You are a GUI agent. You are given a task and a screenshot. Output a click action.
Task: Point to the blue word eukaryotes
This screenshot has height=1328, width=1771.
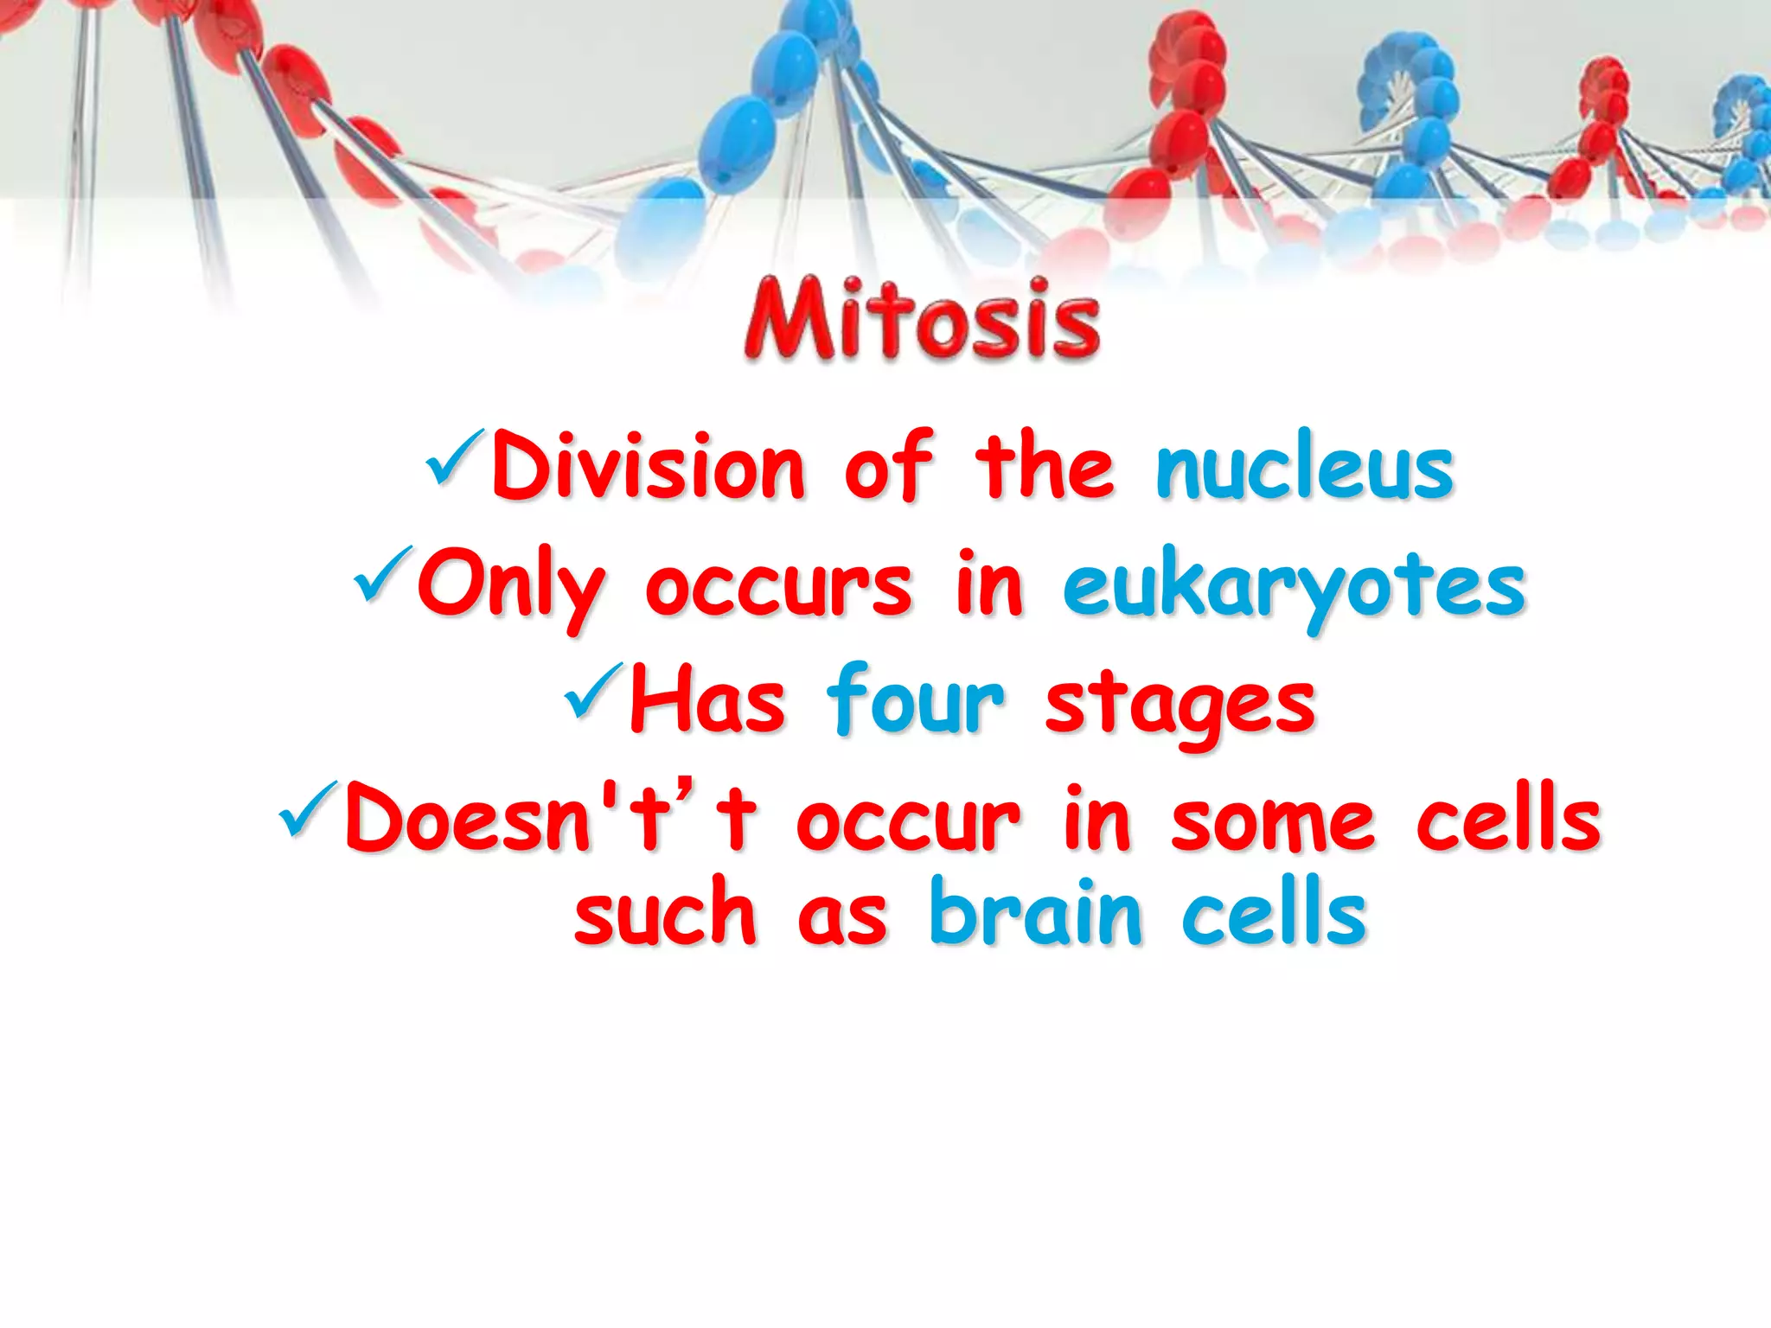[1294, 588]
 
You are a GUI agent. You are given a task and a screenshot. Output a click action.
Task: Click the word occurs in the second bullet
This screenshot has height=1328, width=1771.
[778, 588]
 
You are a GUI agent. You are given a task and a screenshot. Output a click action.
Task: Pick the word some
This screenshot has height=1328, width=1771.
[1272, 821]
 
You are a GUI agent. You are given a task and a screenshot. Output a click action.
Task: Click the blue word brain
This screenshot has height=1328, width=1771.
[1035, 913]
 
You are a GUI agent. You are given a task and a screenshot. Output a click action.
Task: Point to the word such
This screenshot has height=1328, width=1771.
[665, 913]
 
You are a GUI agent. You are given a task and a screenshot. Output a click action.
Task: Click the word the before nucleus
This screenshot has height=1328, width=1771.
[1045, 468]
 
